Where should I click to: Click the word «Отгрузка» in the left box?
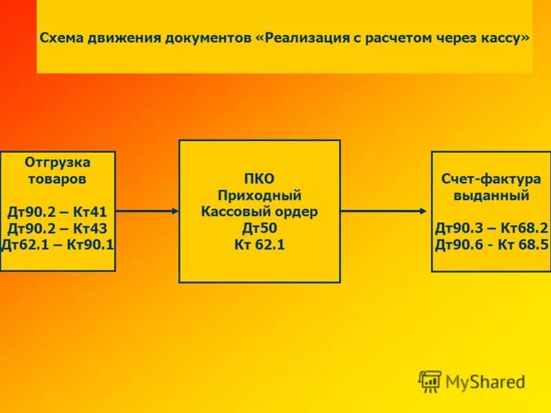click(x=58, y=162)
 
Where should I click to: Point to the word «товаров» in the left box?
click(x=57, y=179)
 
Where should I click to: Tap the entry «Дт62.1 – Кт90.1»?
click(x=58, y=244)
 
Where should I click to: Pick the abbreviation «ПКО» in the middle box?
click(x=260, y=179)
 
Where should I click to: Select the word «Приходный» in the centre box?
click(x=260, y=195)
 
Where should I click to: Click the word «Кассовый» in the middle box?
click(x=232, y=211)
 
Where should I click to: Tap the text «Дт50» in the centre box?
click(x=260, y=228)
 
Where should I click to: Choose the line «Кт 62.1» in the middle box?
click(x=260, y=244)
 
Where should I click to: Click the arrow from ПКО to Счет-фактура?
click(x=386, y=211)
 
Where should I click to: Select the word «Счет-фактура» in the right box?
click(x=491, y=179)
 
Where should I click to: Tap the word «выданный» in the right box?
click(x=491, y=195)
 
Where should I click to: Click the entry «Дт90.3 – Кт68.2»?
click(x=491, y=228)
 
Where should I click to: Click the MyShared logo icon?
click(x=430, y=381)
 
